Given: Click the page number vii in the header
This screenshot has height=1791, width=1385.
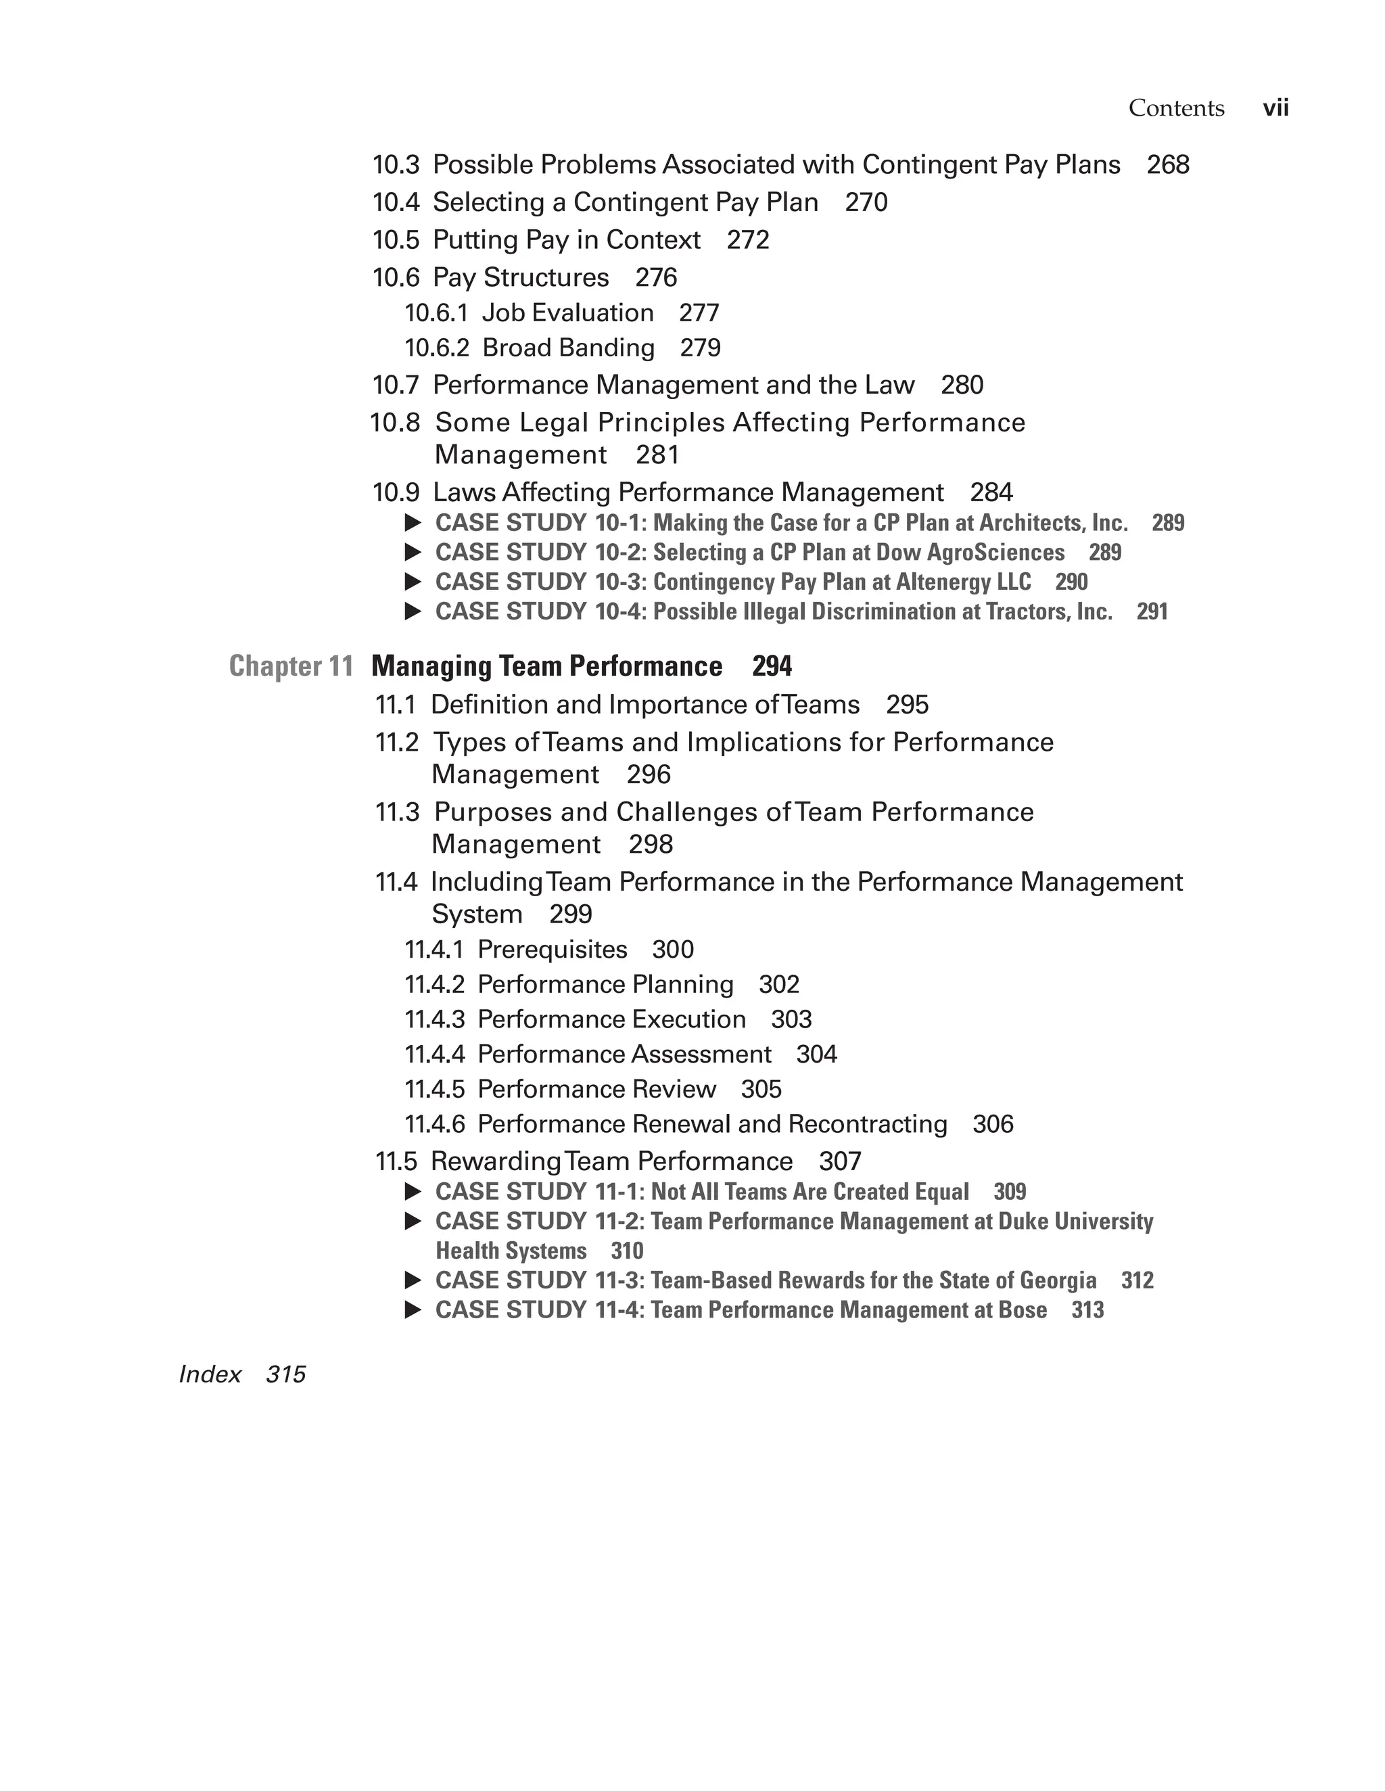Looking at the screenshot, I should [x=1275, y=108].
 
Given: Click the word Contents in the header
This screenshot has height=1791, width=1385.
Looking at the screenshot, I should [x=1176, y=108].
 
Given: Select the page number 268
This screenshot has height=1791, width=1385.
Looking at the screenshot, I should [x=1168, y=165].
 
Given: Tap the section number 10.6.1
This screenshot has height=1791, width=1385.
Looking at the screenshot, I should [x=436, y=313].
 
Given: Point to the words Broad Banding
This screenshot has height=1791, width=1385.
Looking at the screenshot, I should [x=568, y=348].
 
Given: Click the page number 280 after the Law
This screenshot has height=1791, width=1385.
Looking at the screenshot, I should [x=962, y=385].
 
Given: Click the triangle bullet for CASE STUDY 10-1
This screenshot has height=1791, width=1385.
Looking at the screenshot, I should [x=413, y=522].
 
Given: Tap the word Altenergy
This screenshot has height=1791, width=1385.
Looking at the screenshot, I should [x=943, y=582].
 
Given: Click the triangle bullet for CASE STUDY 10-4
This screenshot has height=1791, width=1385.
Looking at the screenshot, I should [x=413, y=611].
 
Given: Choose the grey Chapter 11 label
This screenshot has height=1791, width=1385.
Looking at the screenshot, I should [x=291, y=666].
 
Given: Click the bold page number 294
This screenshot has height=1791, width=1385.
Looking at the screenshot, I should [x=772, y=666].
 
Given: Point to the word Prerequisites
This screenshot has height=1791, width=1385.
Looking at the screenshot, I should [x=552, y=950].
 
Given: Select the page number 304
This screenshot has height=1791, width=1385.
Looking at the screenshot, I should [x=817, y=1054].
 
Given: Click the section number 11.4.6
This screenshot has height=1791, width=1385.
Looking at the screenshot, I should [x=435, y=1124].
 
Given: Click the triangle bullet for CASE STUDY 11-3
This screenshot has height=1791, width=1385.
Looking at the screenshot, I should [x=413, y=1280].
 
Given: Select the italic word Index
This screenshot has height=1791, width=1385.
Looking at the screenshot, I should [x=210, y=1374].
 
